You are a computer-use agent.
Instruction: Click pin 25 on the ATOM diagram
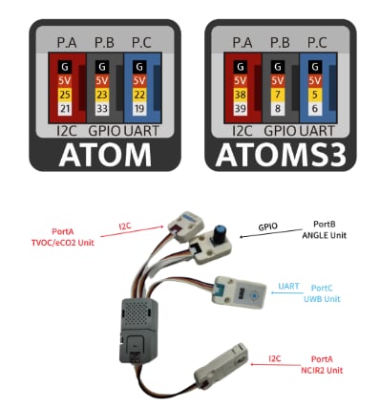tap(63, 95)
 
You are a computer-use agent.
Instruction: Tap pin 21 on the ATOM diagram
tap(63, 109)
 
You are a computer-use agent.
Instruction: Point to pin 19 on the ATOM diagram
tap(140, 109)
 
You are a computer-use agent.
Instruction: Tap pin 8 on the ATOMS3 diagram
tap(278, 109)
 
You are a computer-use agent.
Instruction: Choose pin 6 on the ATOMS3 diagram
tap(316, 109)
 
